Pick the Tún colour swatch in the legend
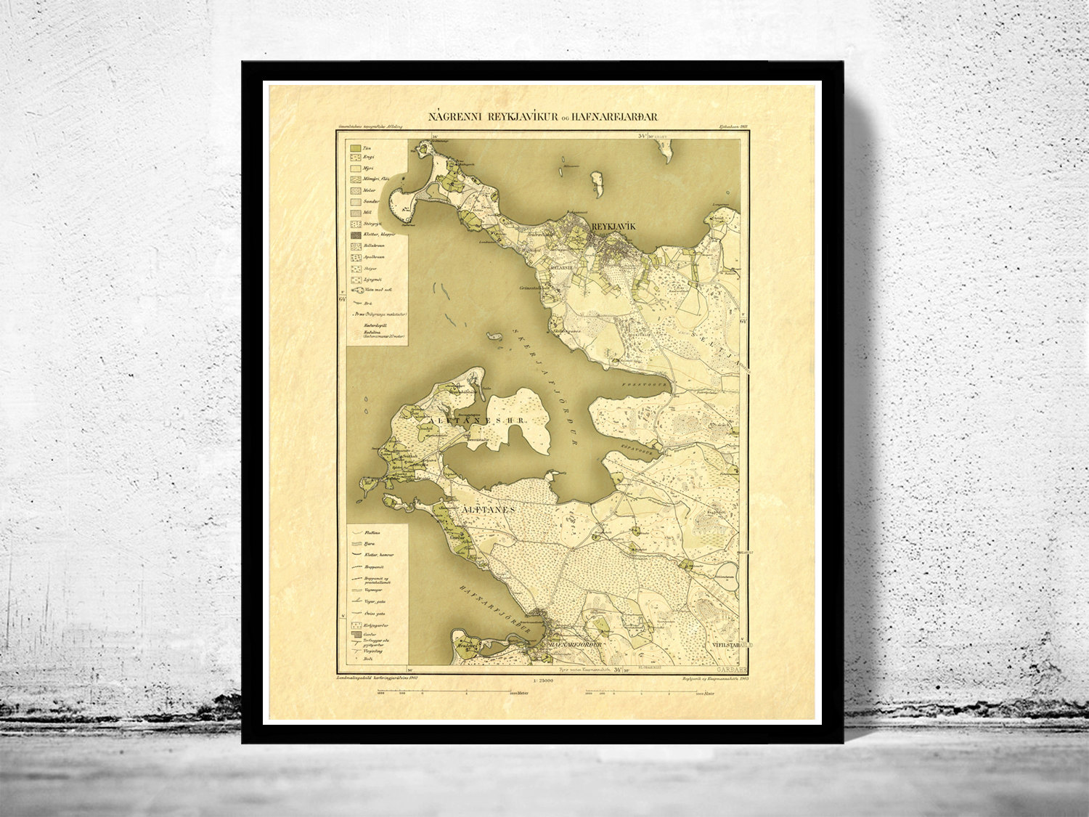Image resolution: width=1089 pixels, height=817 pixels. [x=355, y=148]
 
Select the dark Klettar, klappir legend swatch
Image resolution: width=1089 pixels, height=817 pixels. [x=355, y=235]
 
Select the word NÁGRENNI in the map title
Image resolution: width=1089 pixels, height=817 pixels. [x=452, y=116]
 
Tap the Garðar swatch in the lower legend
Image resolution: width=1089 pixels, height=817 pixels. [x=355, y=633]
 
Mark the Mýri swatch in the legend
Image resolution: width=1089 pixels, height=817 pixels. [x=355, y=168]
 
